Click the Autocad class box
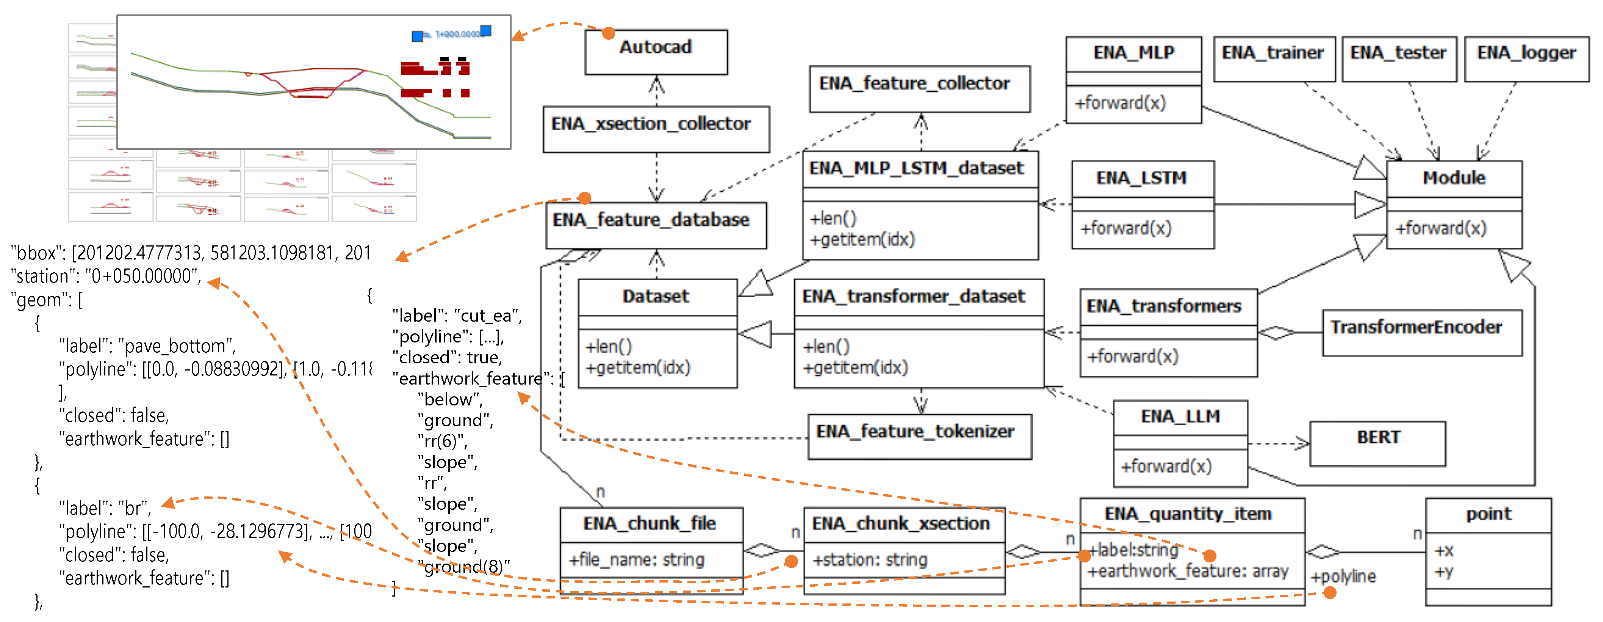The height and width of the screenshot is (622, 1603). [656, 52]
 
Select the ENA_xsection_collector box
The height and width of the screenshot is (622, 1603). [656, 129]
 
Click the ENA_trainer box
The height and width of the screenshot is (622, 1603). [1273, 58]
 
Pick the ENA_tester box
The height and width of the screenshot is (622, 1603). [1398, 58]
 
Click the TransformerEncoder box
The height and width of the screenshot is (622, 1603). [1421, 333]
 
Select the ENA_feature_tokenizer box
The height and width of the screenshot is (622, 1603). [919, 437]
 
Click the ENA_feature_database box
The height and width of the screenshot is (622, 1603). [656, 225]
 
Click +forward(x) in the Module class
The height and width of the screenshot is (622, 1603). [1440, 228]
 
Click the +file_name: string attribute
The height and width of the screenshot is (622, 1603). [636, 560]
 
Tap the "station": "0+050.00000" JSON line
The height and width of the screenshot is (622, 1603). [106, 276]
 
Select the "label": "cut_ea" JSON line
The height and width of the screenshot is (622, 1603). [457, 316]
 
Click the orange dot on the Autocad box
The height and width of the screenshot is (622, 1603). [609, 34]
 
